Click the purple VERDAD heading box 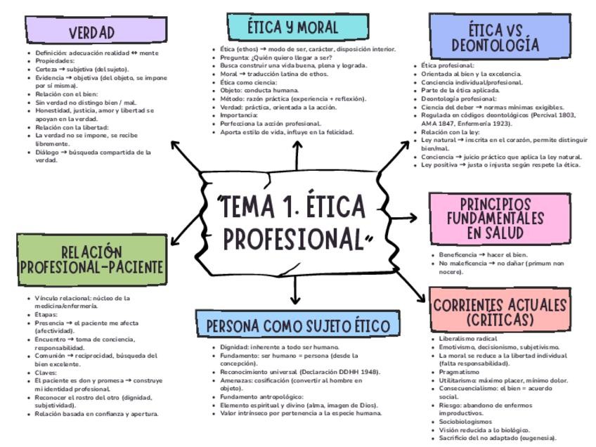[91, 31]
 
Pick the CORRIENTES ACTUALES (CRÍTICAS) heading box [500, 311]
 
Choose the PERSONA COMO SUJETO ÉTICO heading [297, 326]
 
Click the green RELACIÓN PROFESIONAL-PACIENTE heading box [92, 260]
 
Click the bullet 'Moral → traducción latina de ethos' [273, 74]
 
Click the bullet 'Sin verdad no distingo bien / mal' [86, 103]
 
